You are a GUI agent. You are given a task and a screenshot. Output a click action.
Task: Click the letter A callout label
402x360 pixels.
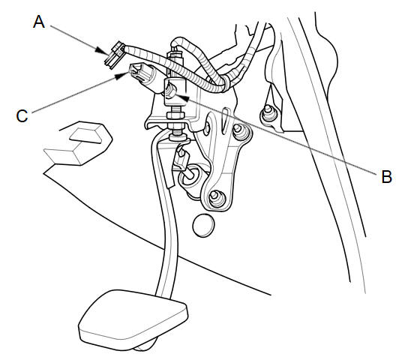coord(39,22)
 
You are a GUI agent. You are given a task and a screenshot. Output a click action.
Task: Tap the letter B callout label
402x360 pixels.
coord(386,177)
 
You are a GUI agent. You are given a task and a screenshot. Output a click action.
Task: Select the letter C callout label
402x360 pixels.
coord(22,116)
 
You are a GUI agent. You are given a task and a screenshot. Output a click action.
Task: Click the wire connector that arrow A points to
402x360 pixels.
coord(115,55)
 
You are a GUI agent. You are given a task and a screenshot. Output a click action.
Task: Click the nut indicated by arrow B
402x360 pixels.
coord(170,91)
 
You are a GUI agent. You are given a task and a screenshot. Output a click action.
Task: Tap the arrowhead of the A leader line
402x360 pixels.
coord(102,51)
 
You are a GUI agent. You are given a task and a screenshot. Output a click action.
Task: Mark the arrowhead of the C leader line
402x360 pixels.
coord(121,76)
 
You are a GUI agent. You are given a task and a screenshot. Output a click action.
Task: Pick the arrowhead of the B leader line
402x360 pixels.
coord(182,97)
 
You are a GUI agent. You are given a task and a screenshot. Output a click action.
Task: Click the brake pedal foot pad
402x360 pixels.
coord(133,319)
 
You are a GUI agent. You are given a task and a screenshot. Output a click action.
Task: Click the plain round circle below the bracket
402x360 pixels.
coord(203,225)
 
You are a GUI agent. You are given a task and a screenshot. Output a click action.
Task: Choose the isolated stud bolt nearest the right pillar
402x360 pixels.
coord(268,114)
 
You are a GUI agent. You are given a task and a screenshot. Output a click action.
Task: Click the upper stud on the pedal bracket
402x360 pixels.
coord(240,130)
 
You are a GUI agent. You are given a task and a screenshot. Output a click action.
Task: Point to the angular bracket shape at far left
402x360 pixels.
coord(78,143)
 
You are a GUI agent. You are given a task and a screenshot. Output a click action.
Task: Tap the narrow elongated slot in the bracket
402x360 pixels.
coord(225,119)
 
